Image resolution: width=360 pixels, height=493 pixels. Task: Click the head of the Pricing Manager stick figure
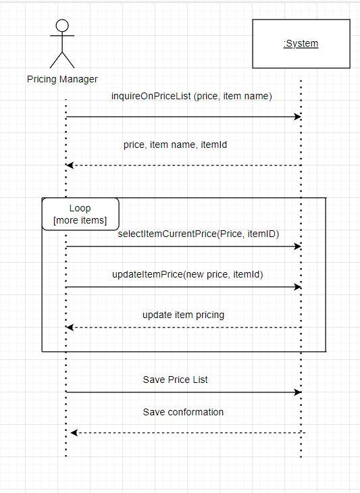[62, 26]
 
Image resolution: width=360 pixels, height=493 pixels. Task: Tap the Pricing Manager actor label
[62, 79]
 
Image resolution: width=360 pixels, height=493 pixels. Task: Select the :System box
[301, 44]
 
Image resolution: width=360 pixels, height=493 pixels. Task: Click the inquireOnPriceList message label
[192, 97]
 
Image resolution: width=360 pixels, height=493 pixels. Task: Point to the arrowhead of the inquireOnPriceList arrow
[297, 117]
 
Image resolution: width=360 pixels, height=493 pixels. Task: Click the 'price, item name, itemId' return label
[180, 145]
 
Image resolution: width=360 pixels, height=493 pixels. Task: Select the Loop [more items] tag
[80, 214]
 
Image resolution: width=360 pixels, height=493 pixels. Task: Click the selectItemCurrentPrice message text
[199, 234]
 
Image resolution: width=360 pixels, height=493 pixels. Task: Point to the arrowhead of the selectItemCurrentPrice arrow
[297, 246]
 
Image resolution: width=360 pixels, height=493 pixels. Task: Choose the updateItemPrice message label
[188, 274]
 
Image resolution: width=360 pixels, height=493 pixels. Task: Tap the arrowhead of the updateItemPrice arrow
[297, 287]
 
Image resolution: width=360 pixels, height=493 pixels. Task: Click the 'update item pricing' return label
[183, 315]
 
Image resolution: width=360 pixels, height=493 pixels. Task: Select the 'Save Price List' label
[176, 380]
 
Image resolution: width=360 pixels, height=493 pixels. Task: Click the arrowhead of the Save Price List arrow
[297, 392]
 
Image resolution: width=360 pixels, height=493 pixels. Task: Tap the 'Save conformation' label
[183, 412]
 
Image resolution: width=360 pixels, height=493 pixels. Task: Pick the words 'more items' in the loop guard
[80, 220]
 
